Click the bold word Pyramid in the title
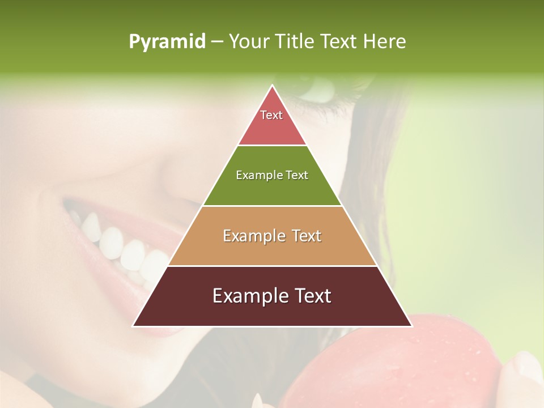coord(167,41)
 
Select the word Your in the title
coord(248,41)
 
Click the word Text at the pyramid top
coord(271,115)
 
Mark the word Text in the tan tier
coord(307,236)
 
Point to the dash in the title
coord(216,41)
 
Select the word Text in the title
coord(339,41)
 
